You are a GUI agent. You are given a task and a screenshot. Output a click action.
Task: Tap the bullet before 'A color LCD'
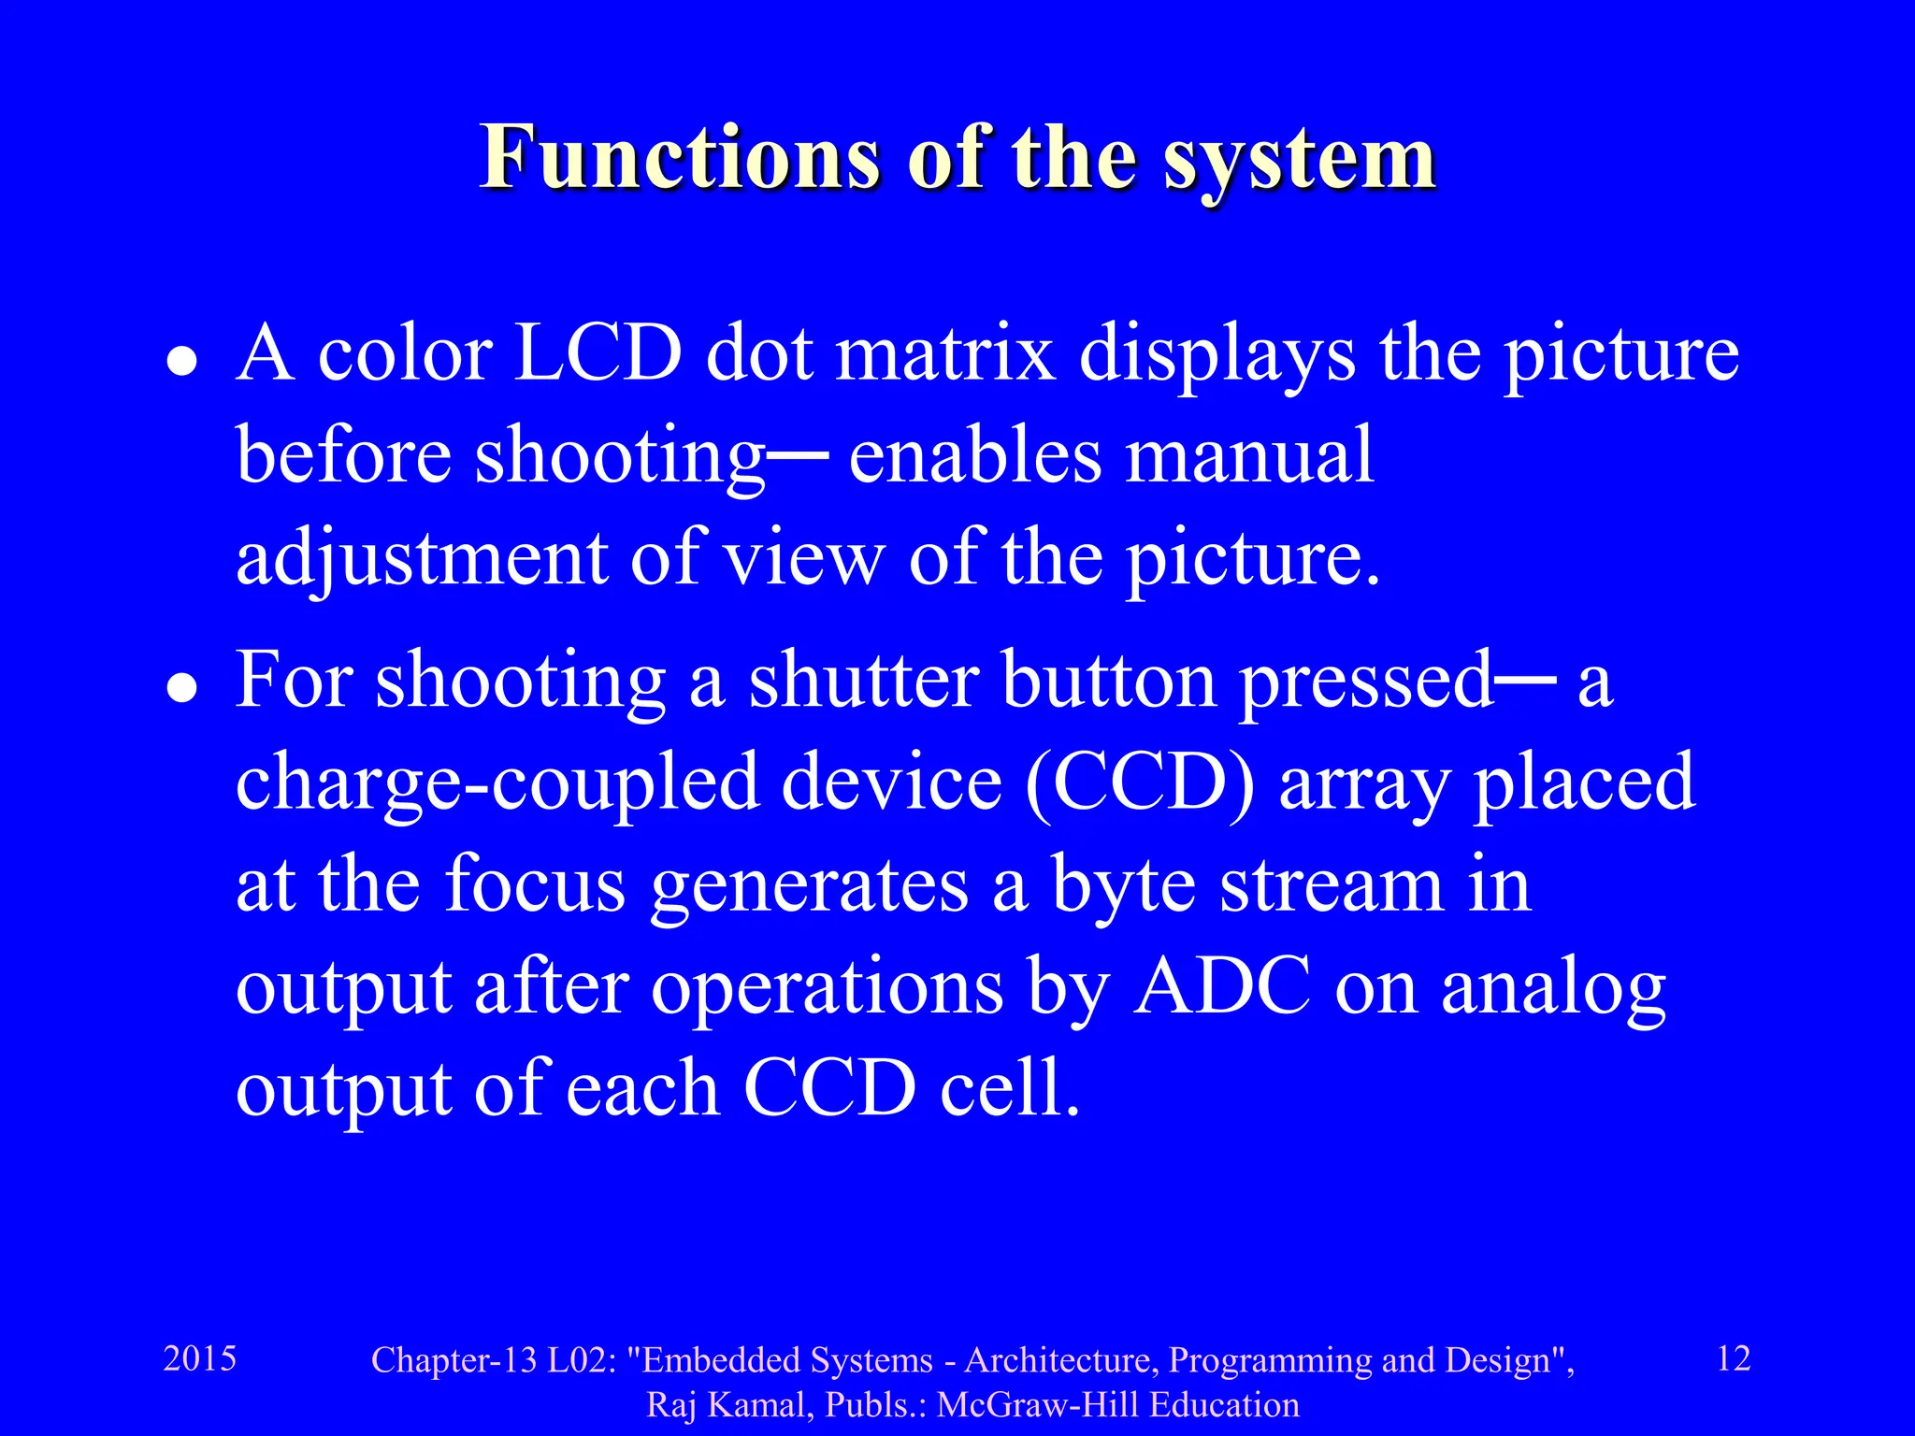pyautogui.click(x=181, y=363)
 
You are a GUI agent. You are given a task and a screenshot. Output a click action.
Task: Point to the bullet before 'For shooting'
pyautogui.click(x=181, y=689)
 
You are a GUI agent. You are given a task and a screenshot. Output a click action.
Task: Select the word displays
pyautogui.click(x=1217, y=357)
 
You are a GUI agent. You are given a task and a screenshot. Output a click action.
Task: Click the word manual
pyautogui.click(x=1249, y=455)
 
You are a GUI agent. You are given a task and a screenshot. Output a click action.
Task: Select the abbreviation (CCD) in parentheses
pyautogui.click(x=1140, y=783)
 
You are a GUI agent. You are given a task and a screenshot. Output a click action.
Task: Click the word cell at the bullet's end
pyautogui.click(x=1009, y=1088)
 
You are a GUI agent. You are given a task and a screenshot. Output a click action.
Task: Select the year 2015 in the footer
pyautogui.click(x=200, y=1358)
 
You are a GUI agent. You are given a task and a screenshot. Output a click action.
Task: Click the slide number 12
pyautogui.click(x=1734, y=1358)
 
